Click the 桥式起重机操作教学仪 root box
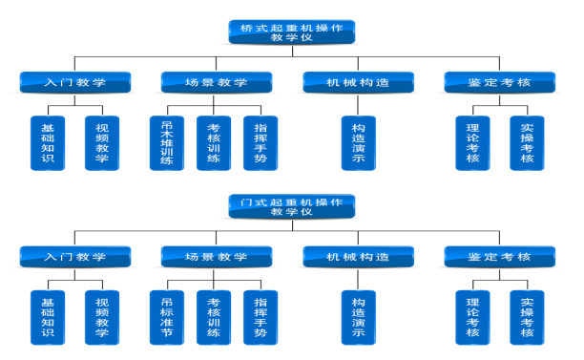[292, 32]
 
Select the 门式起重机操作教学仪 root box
[292, 206]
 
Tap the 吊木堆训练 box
[167, 142]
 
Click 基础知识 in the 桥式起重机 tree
[49, 142]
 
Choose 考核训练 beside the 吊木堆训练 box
[214, 142]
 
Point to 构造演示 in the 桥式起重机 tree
[359, 142]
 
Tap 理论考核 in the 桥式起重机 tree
[472, 142]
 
